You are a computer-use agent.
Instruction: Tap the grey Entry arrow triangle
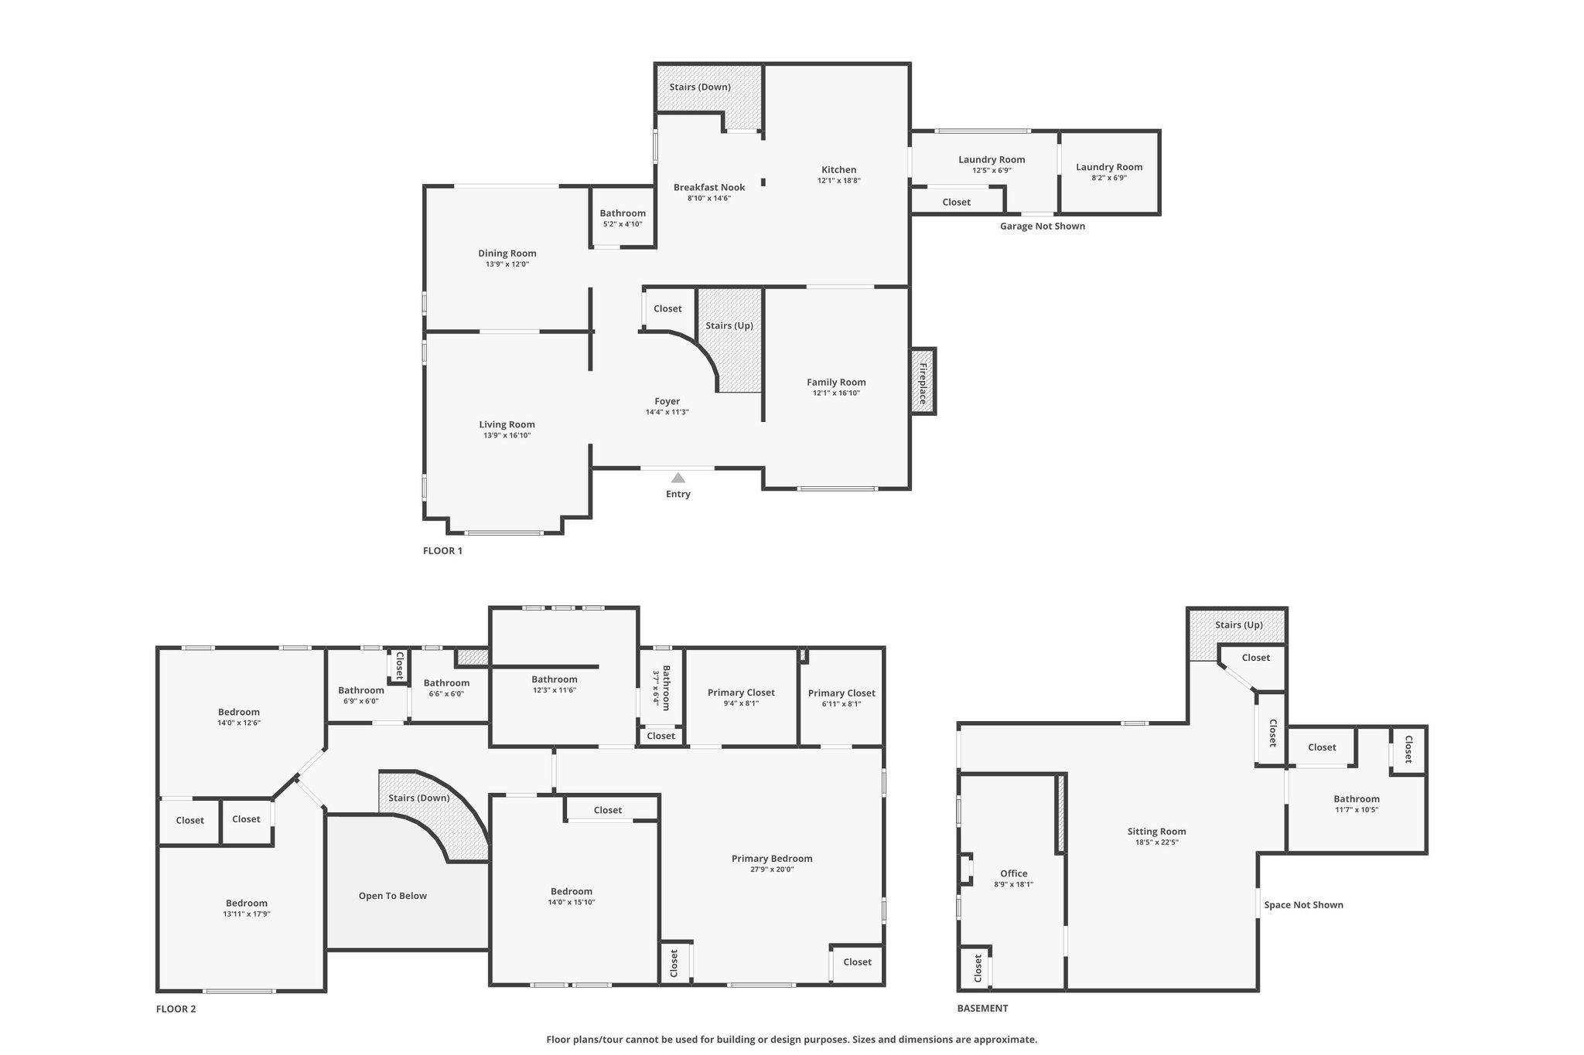coord(678,478)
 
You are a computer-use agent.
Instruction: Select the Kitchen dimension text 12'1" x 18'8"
coord(839,181)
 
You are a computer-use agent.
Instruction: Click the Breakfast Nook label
coord(709,187)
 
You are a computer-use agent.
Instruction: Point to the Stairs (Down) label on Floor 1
coord(700,87)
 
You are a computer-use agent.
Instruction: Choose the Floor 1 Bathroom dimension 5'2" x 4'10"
coord(623,224)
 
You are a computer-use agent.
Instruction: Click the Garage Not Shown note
coord(1043,226)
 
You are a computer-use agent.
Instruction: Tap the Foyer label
coord(667,401)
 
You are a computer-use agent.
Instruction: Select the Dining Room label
coord(507,254)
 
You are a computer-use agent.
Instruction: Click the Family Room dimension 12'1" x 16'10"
coord(836,393)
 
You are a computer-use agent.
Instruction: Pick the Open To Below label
coord(393,896)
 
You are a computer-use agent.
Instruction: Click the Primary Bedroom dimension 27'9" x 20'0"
coord(772,870)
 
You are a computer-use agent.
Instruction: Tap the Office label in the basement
coord(1014,873)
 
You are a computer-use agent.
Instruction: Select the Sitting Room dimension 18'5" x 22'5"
coord(1157,843)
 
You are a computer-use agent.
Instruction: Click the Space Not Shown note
coord(1304,905)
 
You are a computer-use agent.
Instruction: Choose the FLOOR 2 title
coord(176,1009)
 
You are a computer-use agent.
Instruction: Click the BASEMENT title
coord(983,1008)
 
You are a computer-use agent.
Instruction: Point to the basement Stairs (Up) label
coord(1239,625)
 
